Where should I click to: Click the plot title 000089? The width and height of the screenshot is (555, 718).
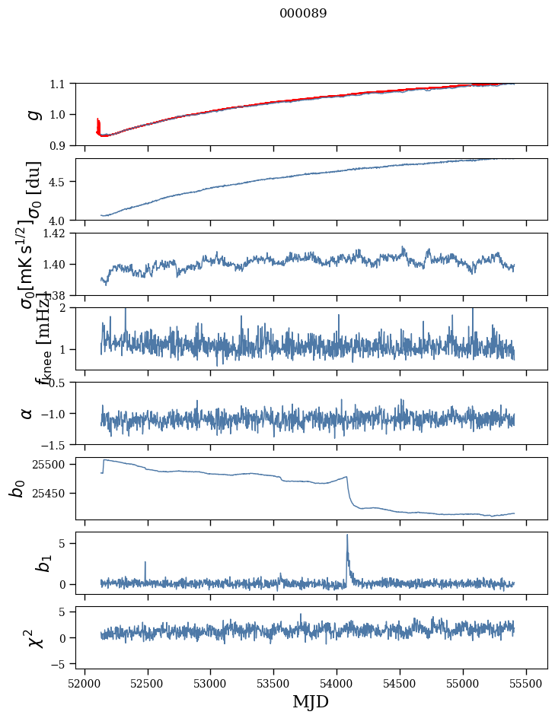point(303,14)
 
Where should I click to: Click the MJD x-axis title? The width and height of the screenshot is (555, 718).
point(311,701)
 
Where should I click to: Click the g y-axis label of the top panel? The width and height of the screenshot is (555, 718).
point(33,114)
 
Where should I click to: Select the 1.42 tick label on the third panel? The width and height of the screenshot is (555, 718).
point(55,234)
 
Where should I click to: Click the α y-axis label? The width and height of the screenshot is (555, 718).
point(27,413)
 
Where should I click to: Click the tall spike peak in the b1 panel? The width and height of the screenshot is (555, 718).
point(347,535)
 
